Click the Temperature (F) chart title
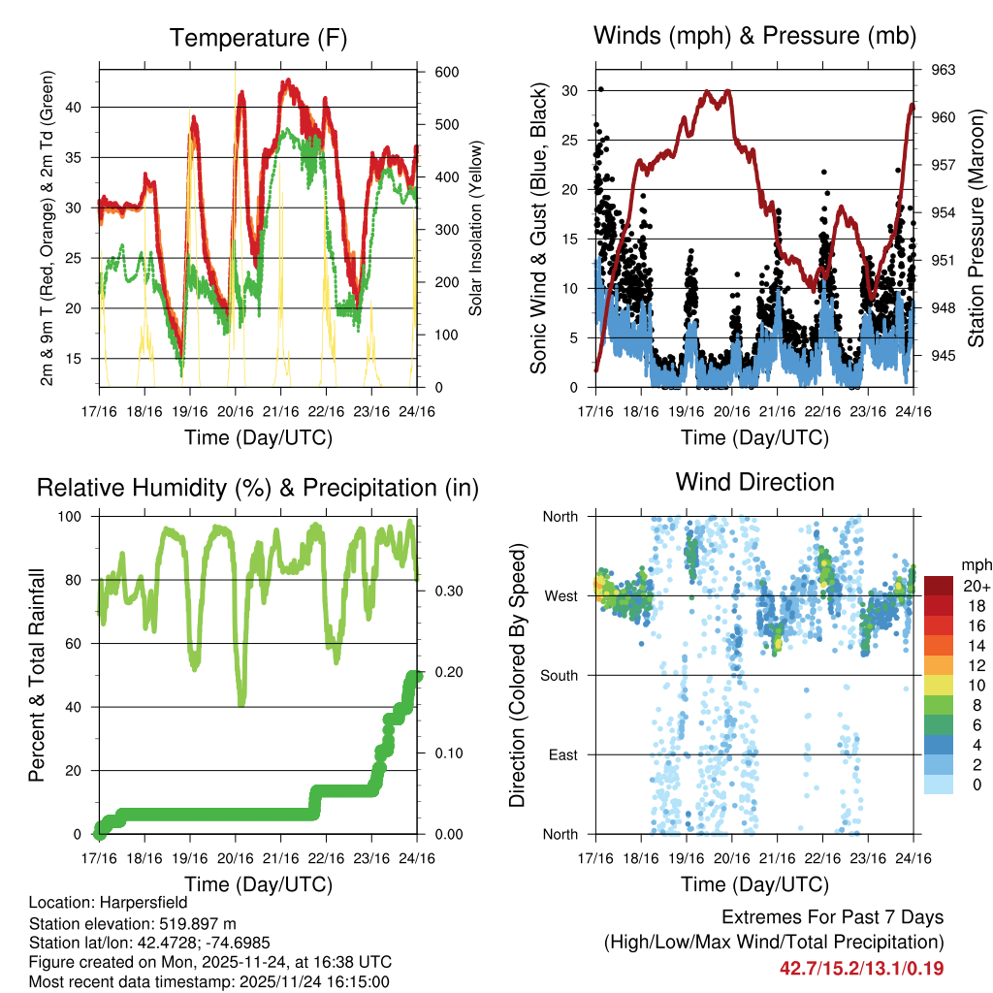(258, 38)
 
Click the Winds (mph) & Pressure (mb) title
(754, 36)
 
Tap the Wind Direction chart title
(754, 481)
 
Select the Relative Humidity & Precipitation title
(258, 488)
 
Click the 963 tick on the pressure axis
(944, 70)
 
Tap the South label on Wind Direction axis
(561, 675)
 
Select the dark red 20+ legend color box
(939, 586)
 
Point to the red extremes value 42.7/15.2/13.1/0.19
(862, 968)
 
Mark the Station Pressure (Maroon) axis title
(976, 229)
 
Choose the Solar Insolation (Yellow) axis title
(475, 229)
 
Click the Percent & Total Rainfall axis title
(37, 676)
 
